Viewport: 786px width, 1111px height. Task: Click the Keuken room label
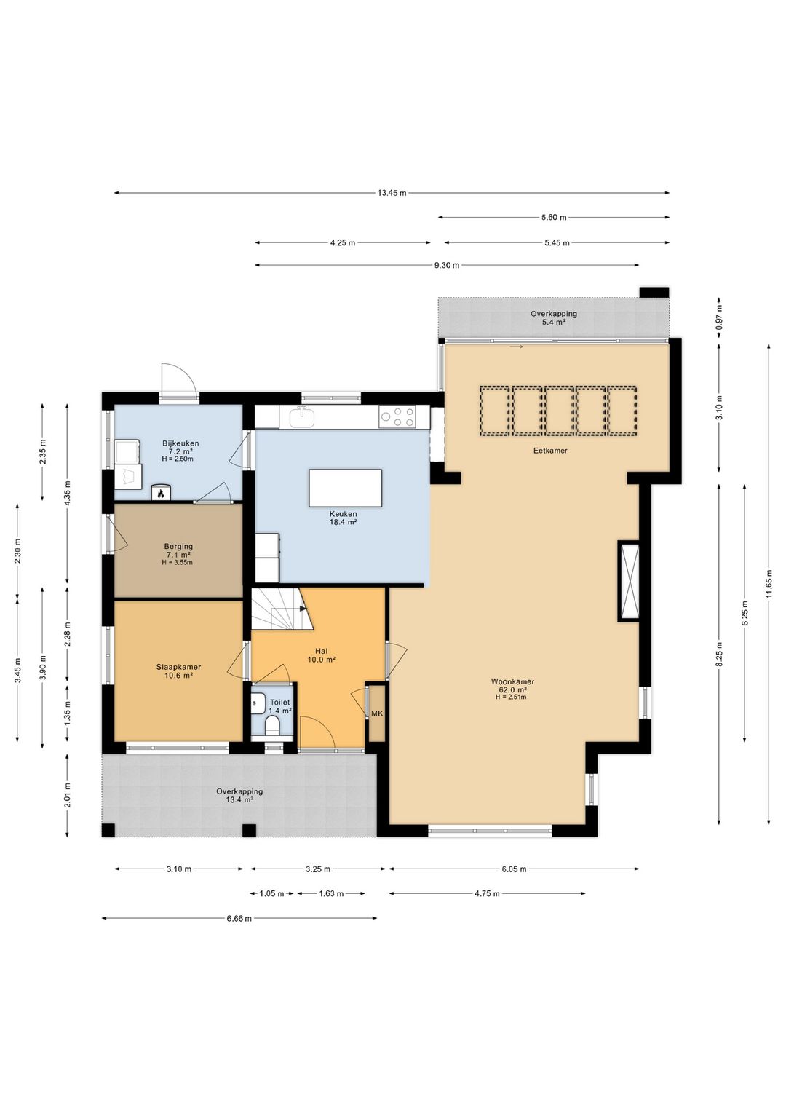[344, 514]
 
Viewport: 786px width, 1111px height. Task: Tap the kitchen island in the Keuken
[345, 488]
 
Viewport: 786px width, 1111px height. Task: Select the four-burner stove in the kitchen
[397, 416]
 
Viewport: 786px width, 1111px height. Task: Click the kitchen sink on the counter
[301, 416]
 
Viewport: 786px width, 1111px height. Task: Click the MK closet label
[377, 713]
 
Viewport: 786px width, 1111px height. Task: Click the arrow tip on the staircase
[304, 609]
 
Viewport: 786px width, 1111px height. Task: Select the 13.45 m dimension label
[392, 193]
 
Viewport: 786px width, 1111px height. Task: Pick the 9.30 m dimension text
[447, 265]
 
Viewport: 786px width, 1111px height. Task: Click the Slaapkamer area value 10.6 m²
[178, 675]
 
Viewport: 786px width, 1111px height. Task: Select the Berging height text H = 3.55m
[178, 563]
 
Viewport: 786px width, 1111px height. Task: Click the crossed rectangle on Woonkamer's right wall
[628, 581]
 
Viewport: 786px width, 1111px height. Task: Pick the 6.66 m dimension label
[239, 918]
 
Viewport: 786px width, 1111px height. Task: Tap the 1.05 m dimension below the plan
[271, 894]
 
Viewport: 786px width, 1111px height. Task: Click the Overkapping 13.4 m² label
[239, 796]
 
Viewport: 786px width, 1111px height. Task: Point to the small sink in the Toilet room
[256, 703]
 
